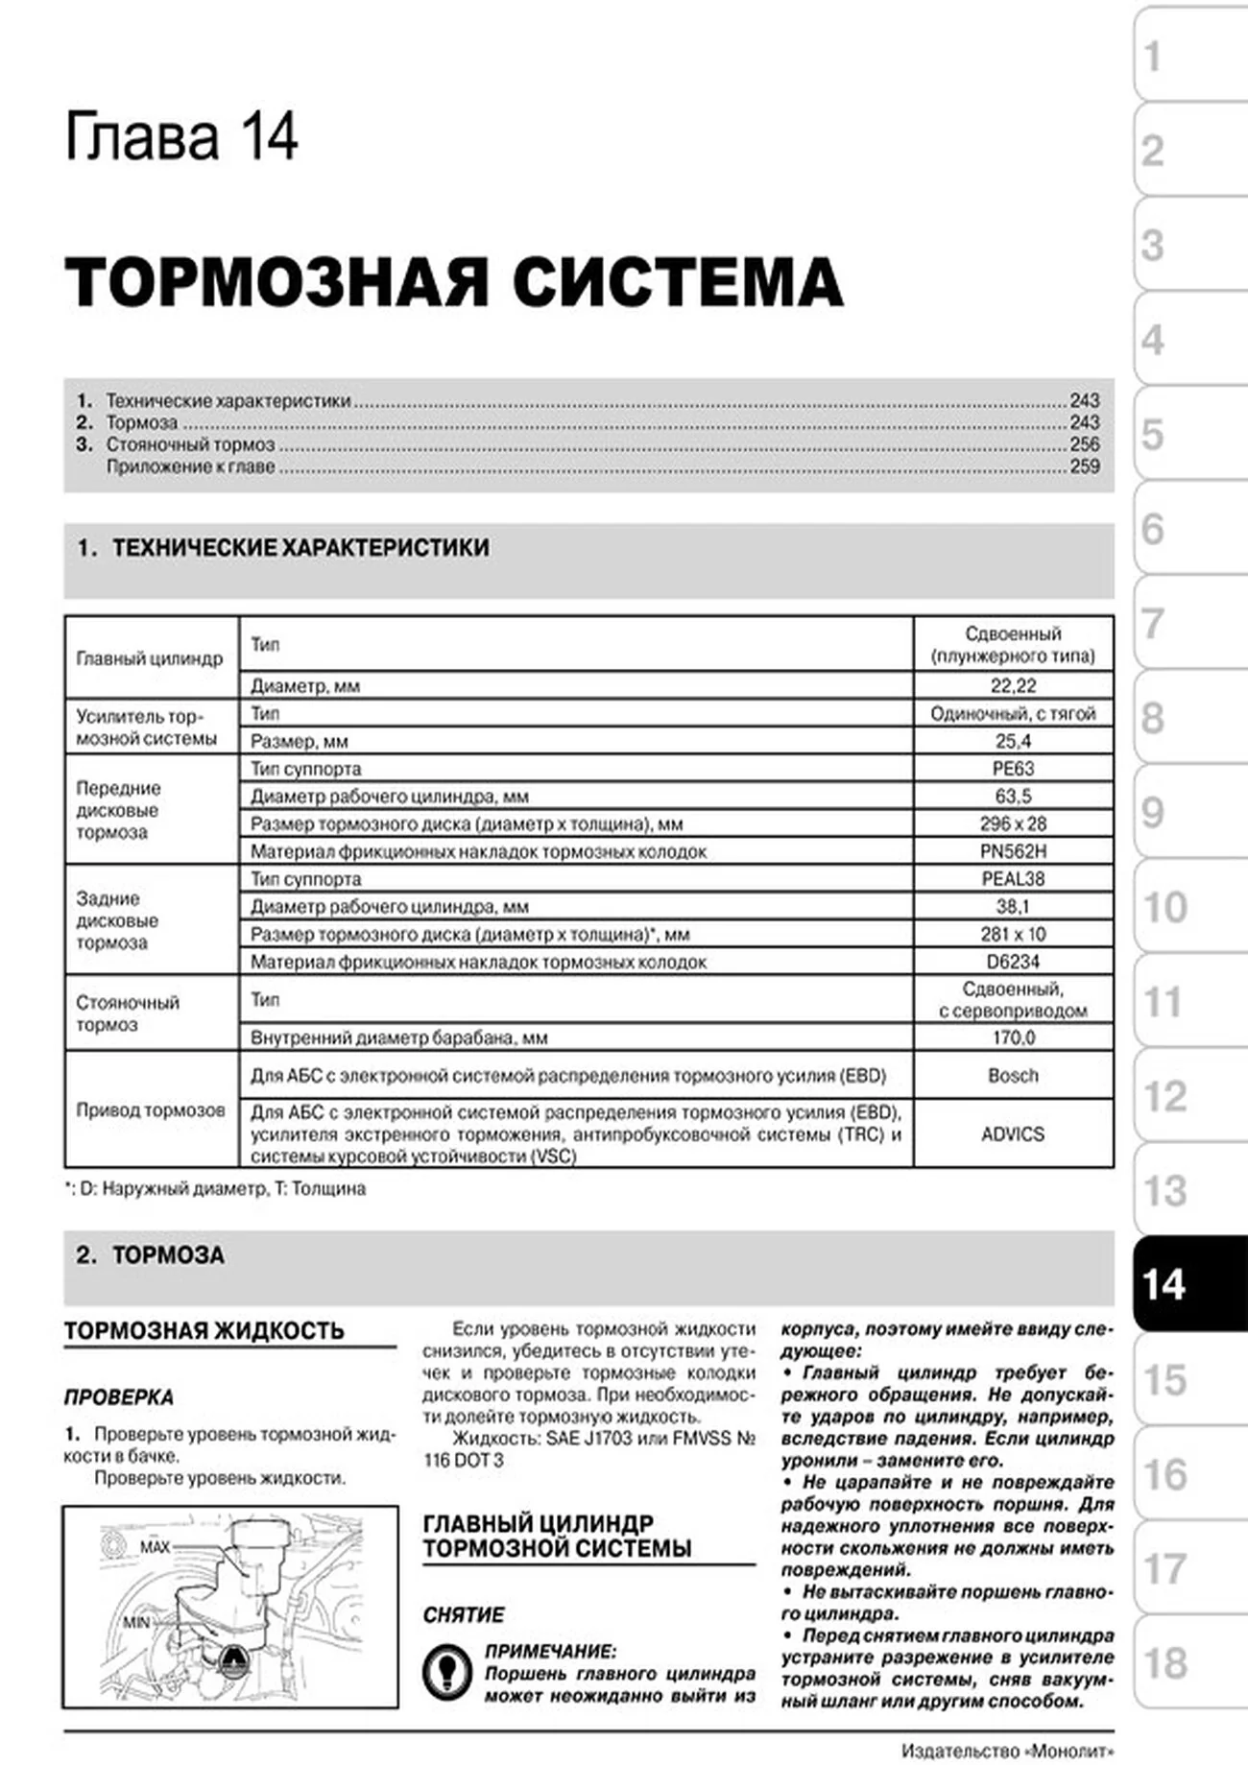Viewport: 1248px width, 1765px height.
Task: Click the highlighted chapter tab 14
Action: point(1188,1284)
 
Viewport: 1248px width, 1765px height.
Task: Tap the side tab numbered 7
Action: point(1188,623)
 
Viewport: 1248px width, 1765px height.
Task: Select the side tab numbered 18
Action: point(1188,1662)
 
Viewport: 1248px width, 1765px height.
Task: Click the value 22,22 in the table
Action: point(1013,685)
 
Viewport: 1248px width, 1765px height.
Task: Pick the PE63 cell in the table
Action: point(1013,768)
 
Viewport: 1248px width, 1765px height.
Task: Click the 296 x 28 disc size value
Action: point(1013,823)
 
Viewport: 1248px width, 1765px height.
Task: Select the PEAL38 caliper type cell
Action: point(1013,878)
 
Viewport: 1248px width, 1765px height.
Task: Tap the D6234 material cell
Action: point(1013,962)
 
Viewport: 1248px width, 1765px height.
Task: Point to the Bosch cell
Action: point(1013,1075)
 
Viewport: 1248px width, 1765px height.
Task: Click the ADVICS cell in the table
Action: point(1013,1133)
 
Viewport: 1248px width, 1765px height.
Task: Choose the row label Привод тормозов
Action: point(151,1109)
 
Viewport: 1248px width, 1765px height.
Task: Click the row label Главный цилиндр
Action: point(149,658)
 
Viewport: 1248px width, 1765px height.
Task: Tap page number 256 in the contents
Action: point(1085,444)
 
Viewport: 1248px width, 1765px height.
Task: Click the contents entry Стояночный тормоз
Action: point(190,444)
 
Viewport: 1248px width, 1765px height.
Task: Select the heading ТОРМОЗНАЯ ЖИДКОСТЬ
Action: point(204,1330)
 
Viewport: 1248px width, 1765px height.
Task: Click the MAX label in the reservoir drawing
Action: point(155,1546)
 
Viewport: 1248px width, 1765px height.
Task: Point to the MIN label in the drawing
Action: point(136,1622)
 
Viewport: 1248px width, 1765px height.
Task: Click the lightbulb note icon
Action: point(445,1672)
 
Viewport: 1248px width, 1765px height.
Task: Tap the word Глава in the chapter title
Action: point(142,137)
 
